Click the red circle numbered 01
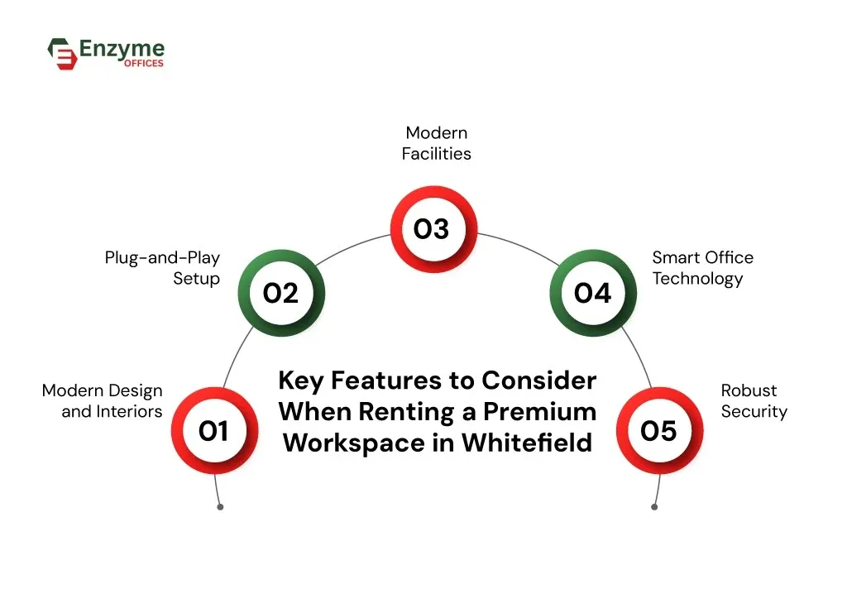point(214,431)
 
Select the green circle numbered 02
point(280,293)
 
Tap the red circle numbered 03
point(433,229)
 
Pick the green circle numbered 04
point(593,293)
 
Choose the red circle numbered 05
point(659,431)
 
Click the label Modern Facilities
point(436,143)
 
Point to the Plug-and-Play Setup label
point(162,268)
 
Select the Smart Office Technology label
point(702,268)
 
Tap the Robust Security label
point(753,400)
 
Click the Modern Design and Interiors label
point(103,400)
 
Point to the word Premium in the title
point(540,411)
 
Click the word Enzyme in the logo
point(122,48)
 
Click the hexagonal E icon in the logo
point(61,53)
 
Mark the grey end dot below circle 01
point(220,506)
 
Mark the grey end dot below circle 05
point(654,506)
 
